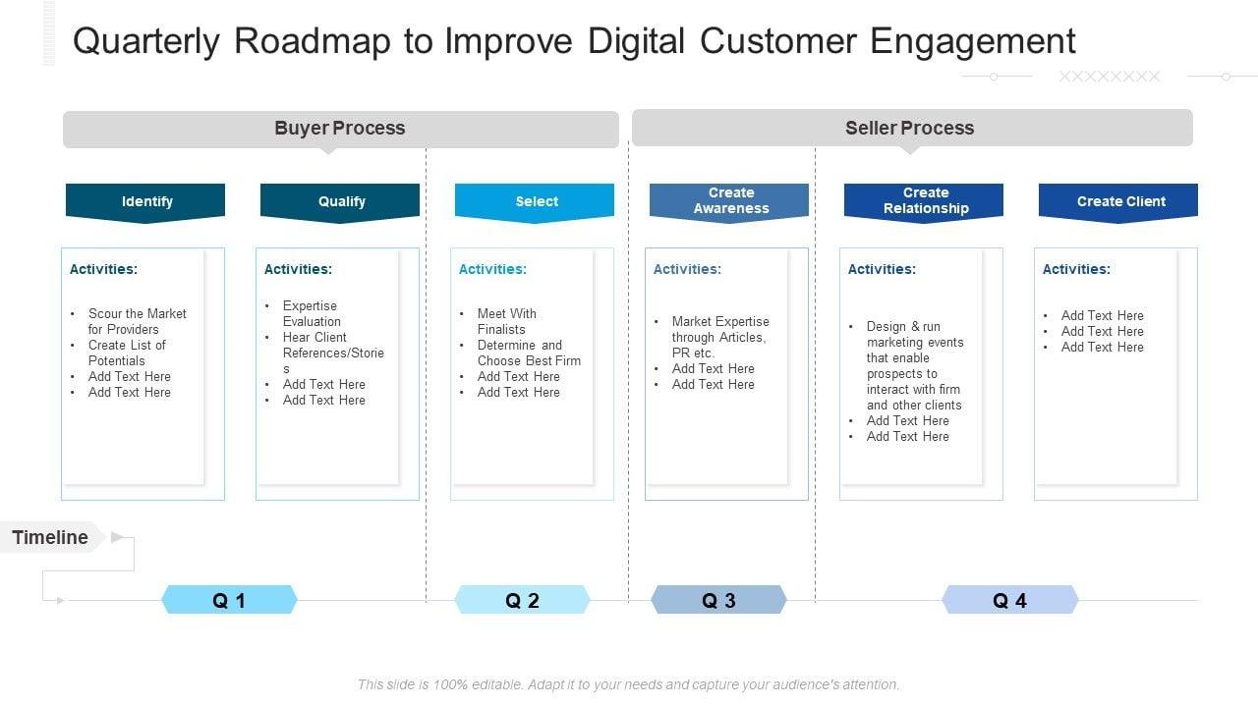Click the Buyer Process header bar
tap(340, 129)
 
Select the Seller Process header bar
tap(910, 128)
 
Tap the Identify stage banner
tap(145, 201)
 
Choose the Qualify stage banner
tap(340, 201)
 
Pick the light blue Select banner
tap(535, 201)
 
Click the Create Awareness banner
tap(729, 200)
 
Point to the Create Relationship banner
tap(924, 200)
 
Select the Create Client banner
tap(1118, 201)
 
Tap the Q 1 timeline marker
tap(229, 600)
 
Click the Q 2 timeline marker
tap(522, 600)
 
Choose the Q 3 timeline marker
tap(718, 600)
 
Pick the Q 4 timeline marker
tap(1009, 600)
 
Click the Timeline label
tap(51, 537)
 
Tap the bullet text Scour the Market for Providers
tap(136, 321)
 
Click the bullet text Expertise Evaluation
tap(312, 313)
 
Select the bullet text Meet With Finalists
tap(506, 321)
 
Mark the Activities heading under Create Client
tap(1076, 269)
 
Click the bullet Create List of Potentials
tap(127, 353)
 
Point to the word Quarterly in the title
tap(145, 41)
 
